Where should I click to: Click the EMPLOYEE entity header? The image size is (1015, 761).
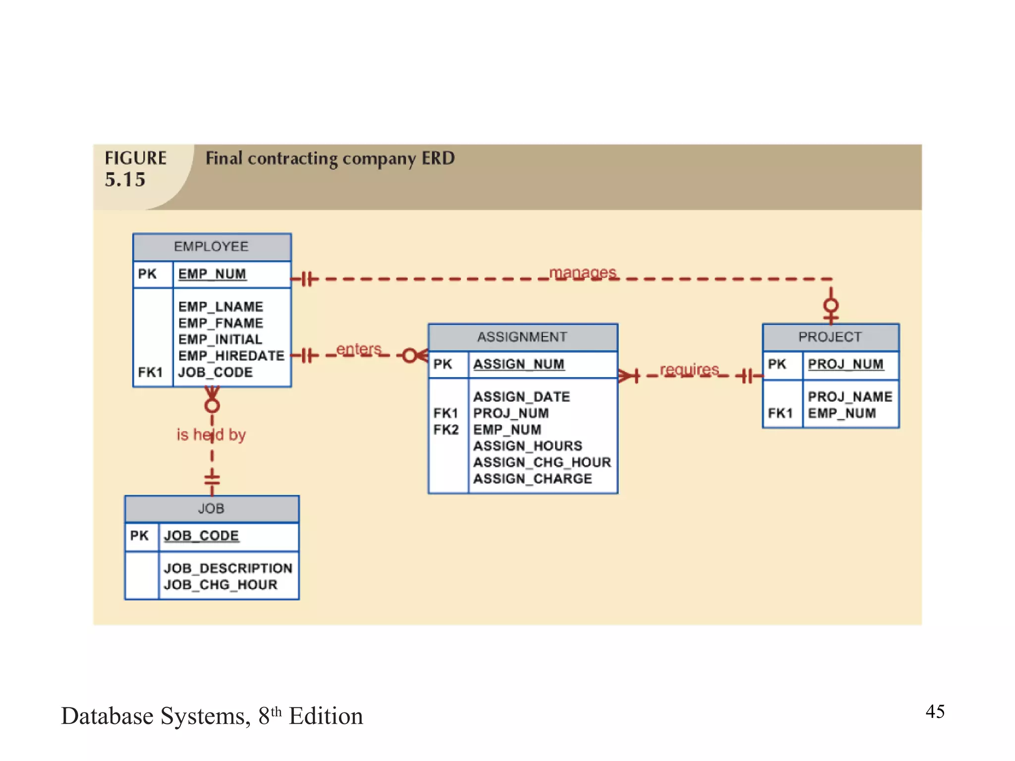(x=212, y=247)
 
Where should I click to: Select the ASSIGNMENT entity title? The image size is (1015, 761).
(x=522, y=337)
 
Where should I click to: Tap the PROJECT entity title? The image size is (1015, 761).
(x=830, y=337)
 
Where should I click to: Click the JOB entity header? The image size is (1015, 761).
(x=212, y=509)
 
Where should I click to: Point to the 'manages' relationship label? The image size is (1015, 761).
(x=582, y=272)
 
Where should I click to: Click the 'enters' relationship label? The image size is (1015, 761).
(x=359, y=349)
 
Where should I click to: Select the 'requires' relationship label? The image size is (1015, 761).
(x=689, y=370)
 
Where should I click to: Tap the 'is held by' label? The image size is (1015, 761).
(x=211, y=435)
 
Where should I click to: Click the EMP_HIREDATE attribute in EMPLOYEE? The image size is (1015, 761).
(x=231, y=356)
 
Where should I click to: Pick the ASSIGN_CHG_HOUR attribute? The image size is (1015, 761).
(x=542, y=462)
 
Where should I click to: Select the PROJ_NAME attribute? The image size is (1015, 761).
(x=849, y=397)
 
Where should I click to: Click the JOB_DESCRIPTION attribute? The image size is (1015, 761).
(x=228, y=568)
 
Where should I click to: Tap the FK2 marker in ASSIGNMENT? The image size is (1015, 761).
(x=446, y=430)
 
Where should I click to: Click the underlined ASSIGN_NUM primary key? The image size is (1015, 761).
(x=518, y=364)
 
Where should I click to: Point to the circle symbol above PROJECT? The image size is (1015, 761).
(x=831, y=305)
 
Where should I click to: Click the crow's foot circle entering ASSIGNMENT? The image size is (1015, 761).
(x=409, y=356)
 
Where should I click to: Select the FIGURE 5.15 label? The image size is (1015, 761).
(x=134, y=169)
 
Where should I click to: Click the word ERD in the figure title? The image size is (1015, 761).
(x=438, y=159)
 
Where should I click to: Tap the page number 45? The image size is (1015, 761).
(x=935, y=712)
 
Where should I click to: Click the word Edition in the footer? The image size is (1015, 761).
(x=326, y=716)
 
